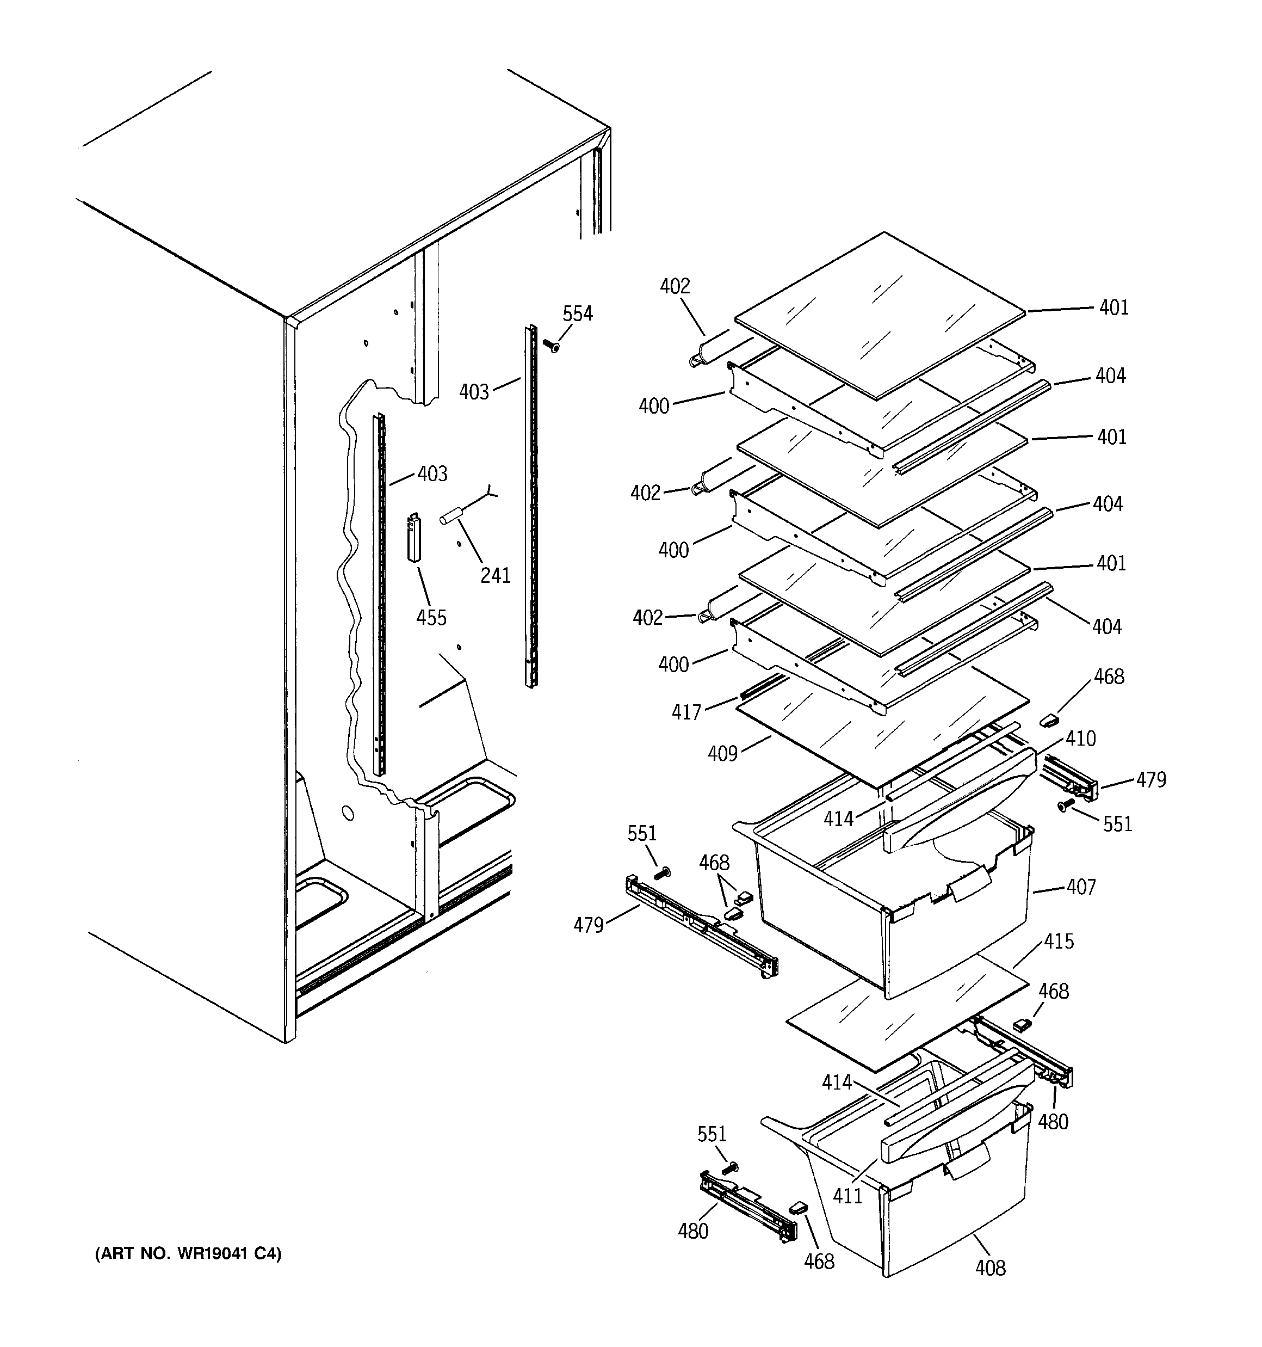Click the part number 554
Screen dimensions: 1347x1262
[x=577, y=313]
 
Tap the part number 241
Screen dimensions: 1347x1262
[x=495, y=575]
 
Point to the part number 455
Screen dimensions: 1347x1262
[x=431, y=617]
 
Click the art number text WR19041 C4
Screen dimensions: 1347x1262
[x=188, y=1253]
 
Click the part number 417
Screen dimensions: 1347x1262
[x=685, y=712]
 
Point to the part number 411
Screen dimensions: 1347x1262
[x=847, y=1195]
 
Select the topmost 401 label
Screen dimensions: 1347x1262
[x=1113, y=307]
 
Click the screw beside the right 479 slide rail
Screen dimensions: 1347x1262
[x=1064, y=805]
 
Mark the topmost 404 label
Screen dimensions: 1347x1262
[x=1110, y=376]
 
